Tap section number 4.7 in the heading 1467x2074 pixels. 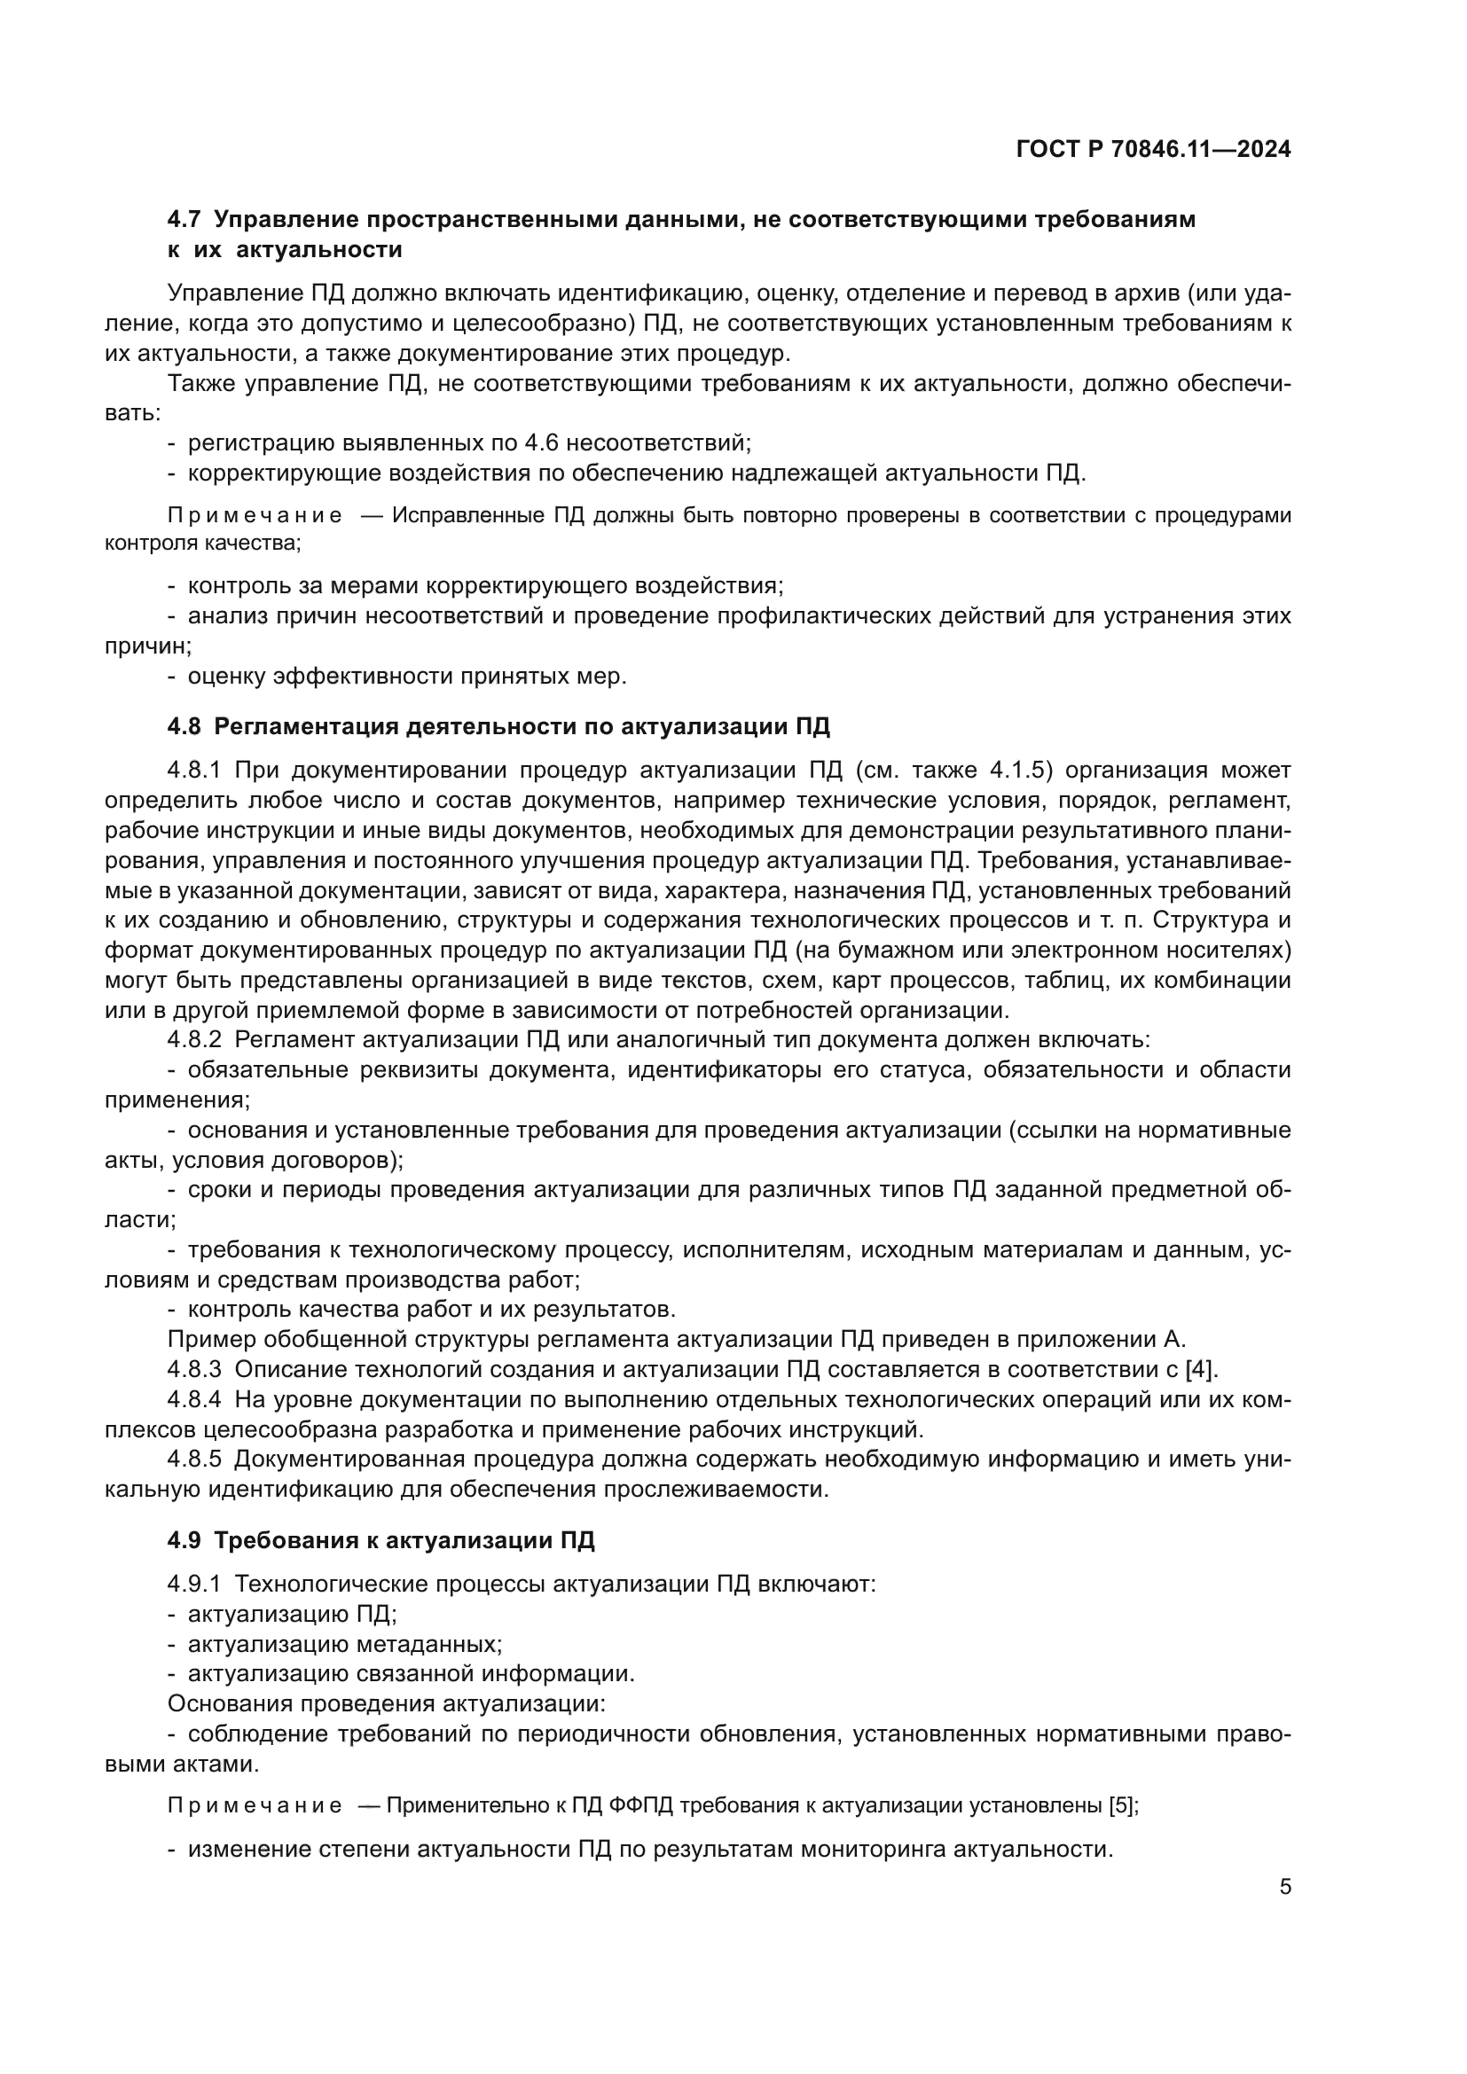[x=184, y=220]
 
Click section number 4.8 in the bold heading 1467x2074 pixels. [x=184, y=726]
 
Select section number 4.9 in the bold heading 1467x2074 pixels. [x=184, y=1540]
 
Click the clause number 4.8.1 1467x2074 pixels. [x=194, y=770]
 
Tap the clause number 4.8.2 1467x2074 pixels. [x=194, y=1040]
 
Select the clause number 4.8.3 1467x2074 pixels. [x=194, y=1369]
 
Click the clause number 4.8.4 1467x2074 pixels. [x=194, y=1400]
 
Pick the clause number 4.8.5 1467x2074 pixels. [x=194, y=1460]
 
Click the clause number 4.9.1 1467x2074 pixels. [x=194, y=1584]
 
